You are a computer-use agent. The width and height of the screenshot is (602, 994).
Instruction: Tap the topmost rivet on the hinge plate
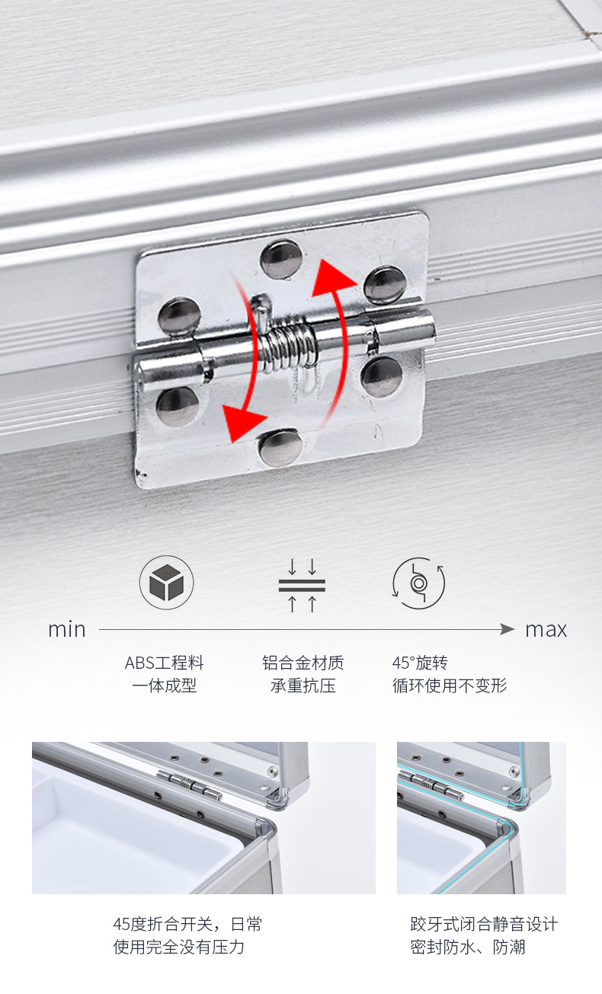[x=281, y=260]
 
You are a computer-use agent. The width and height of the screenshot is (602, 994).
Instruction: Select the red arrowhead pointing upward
[x=333, y=278]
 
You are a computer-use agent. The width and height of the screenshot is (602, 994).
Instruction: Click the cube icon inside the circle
[x=166, y=582]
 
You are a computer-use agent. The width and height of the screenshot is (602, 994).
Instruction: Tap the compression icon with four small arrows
[x=302, y=585]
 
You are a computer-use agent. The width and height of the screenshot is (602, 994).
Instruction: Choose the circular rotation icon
[x=418, y=583]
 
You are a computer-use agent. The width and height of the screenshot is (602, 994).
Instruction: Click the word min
[x=66, y=630]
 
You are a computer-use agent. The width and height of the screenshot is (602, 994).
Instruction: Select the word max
[x=546, y=630]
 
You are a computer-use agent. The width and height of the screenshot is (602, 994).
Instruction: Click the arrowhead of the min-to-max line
[x=507, y=629]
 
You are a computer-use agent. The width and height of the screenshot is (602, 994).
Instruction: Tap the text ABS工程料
[x=165, y=663]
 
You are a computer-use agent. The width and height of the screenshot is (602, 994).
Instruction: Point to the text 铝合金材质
[x=303, y=663]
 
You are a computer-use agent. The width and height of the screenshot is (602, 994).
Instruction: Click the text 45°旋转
[x=420, y=663]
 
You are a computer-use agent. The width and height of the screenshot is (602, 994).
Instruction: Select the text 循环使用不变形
[x=450, y=686]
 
